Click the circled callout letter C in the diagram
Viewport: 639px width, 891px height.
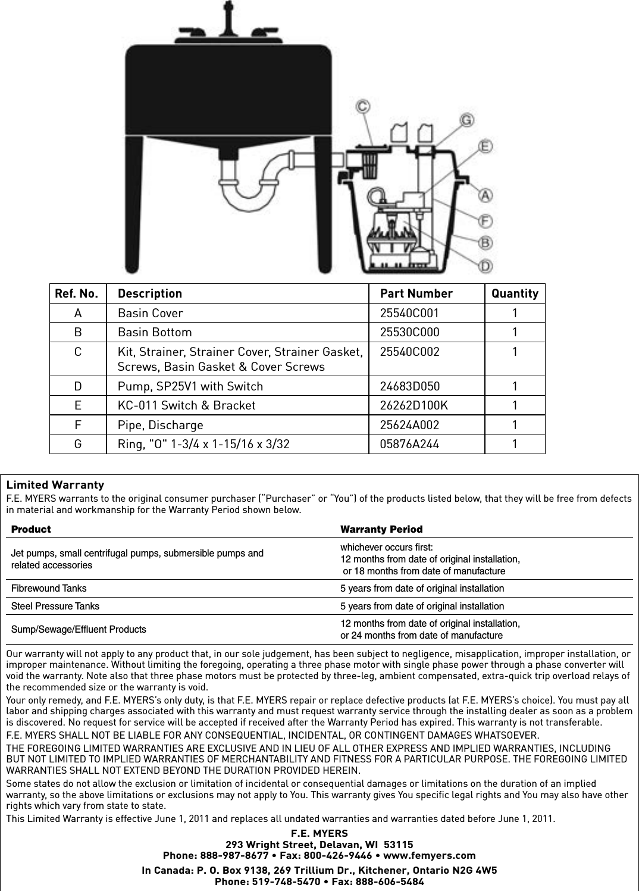point(362,107)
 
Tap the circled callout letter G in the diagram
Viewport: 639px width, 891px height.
point(467,120)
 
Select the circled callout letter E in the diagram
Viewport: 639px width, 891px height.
point(486,146)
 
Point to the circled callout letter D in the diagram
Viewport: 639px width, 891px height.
point(486,266)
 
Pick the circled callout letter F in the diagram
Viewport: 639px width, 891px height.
point(486,221)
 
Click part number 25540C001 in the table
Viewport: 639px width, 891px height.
point(409,313)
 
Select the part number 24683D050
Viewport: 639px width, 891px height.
point(410,386)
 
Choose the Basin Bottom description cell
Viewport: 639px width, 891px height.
point(155,332)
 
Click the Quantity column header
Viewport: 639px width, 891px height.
point(515,293)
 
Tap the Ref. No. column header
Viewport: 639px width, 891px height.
point(77,293)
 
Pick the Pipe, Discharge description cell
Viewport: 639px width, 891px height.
point(160,425)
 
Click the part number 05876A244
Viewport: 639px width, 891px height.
point(409,444)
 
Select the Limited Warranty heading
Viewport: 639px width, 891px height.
point(55,485)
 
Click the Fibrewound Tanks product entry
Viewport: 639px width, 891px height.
point(49,589)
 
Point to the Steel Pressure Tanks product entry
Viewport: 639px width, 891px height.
point(55,606)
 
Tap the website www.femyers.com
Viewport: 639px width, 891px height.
point(430,856)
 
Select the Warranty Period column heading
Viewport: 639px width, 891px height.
point(381,530)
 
